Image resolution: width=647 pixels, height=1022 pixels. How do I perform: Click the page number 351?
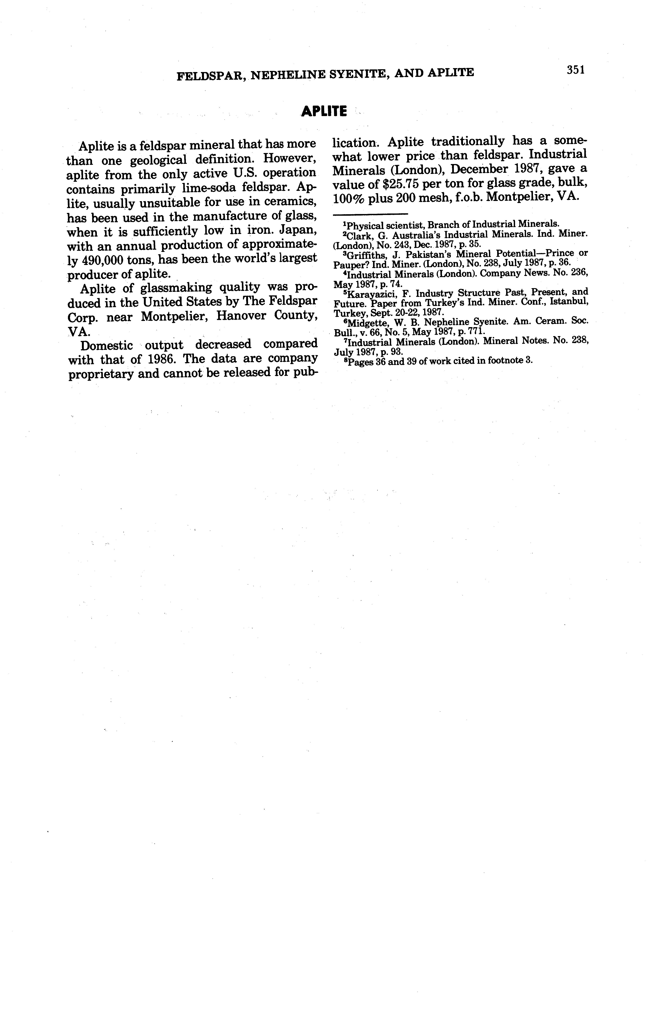click(x=576, y=70)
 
